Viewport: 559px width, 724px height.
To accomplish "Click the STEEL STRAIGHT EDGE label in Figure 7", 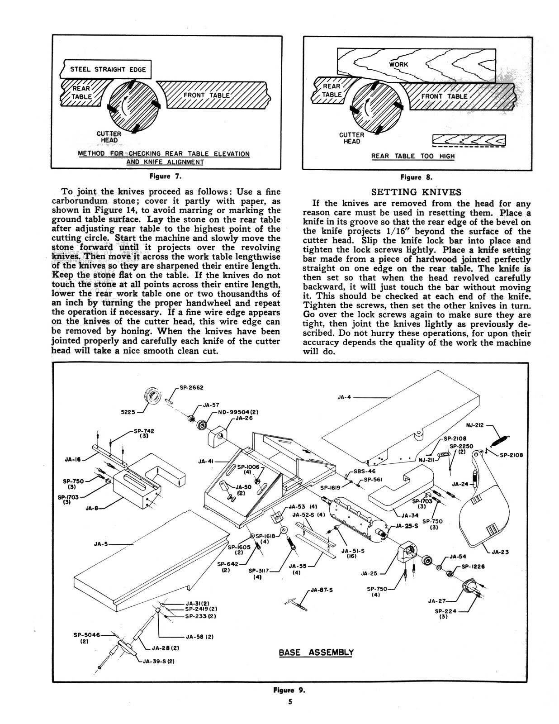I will click(x=108, y=69).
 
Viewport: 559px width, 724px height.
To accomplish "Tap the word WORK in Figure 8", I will click(x=398, y=65).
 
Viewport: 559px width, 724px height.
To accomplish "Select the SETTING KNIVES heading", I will click(x=416, y=191).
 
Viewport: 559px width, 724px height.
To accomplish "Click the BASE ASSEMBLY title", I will click(x=316, y=653).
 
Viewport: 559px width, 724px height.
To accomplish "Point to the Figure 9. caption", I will click(x=289, y=691).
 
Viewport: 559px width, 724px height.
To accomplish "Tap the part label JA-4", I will click(x=344, y=397).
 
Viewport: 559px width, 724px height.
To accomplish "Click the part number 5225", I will click(x=128, y=413).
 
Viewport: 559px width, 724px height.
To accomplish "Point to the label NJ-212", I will click(x=475, y=425).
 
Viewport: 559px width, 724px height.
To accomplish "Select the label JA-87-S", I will click(x=322, y=590).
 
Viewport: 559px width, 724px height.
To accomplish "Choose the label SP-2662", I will click(x=191, y=387).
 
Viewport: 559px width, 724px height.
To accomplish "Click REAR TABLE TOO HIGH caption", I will click(x=412, y=156).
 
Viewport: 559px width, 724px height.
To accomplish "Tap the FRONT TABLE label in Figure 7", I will click(x=206, y=95).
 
